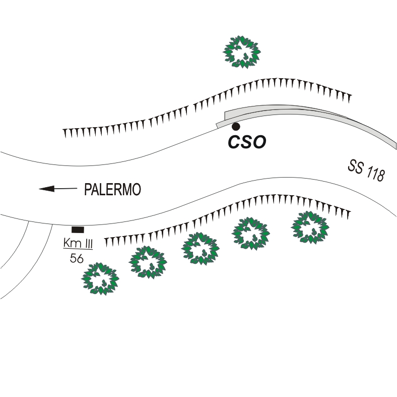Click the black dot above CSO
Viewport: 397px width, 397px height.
tap(236, 126)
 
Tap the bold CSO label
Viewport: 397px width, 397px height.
tap(247, 142)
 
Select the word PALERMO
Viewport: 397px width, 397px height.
tap(112, 189)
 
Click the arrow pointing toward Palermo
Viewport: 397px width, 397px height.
tap(58, 189)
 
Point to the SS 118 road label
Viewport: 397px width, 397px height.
tap(366, 171)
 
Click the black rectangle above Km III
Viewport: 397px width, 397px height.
tap(78, 230)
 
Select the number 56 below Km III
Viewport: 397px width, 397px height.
tap(77, 258)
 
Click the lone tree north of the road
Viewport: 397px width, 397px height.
tap(242, 52)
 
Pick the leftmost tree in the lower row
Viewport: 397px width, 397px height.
tap(100, 279)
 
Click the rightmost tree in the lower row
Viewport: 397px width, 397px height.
tap(310, 228)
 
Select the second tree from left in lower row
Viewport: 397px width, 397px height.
tap(148, 262)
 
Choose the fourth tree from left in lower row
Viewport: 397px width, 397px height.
tap(251, 234)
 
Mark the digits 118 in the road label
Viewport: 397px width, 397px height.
tap(375, 173)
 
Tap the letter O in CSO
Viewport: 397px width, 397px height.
tap(259, 142)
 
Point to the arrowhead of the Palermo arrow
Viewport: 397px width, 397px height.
tap(47, 189)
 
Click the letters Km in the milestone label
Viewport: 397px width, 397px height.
tap(72, 243)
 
